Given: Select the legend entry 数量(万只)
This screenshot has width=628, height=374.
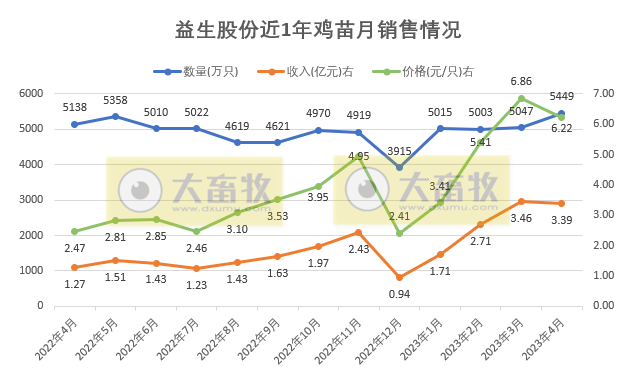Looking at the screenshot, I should point(203,72).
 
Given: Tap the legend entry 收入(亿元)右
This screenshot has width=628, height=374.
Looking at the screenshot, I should point(307,72).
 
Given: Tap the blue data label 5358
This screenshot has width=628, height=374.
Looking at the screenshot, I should point(116,101).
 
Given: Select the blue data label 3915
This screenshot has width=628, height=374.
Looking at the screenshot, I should point(400,151).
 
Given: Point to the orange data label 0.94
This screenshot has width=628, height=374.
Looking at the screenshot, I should point(400,293).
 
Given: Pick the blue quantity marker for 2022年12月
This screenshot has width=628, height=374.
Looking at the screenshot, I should point(400,167).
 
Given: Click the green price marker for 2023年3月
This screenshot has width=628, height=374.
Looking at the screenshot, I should point(521,98).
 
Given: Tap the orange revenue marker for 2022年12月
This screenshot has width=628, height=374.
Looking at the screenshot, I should point(400,277).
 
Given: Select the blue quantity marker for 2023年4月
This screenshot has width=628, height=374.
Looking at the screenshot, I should point(561,113).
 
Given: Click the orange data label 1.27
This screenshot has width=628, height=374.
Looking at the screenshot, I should point(75,283).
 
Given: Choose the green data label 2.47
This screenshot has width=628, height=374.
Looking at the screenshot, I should point(75,246).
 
